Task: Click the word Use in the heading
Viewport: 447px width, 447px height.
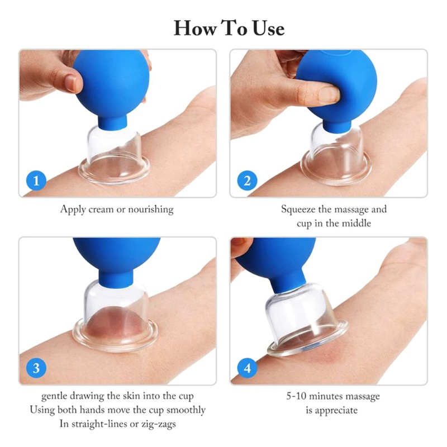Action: click(x=269, y=28)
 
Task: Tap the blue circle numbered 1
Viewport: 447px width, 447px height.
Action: click(x=36, y=180)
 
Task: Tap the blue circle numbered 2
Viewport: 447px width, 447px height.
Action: click(x=247, y=180)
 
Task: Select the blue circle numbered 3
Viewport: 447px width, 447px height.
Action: click(x=36, y=368)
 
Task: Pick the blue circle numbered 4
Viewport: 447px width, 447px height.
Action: click(x=247, y=368)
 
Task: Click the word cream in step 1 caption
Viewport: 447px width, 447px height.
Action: click(x=101, y=210)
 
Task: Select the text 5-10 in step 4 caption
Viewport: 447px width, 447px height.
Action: click(x=296, y=396)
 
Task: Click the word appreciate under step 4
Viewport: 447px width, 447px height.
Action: click(x=336, y=411)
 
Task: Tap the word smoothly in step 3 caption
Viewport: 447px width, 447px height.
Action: click(x=186, y=410)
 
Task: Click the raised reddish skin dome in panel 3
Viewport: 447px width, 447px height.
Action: click(x=116, y=323)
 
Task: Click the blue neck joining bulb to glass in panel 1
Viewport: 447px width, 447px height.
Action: click(x=113, y=122)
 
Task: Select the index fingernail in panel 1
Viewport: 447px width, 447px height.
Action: click(x=70, y=83)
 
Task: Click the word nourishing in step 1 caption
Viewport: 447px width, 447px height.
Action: click(x=151, y=210)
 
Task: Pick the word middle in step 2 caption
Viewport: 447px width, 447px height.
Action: click(x=356, y=223)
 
